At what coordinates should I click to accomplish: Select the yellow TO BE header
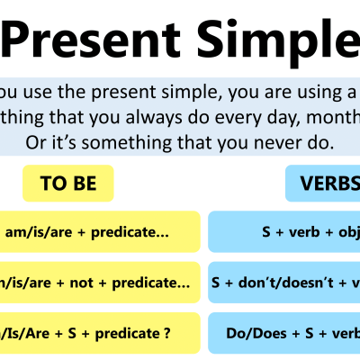click(x=68, y=184)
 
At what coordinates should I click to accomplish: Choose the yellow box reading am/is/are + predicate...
click(x=99, y=232)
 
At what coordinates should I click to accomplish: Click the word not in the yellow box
click(x=94, y=283)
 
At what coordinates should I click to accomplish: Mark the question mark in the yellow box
click(x=167, y=333)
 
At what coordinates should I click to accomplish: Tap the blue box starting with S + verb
click(x=283, y=232)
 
